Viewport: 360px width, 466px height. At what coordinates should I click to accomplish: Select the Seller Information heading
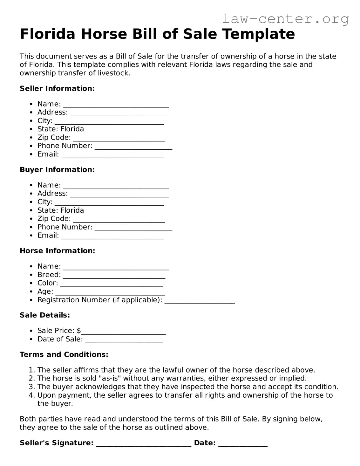click(x=57, y=88)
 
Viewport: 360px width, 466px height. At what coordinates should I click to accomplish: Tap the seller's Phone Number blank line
click(x=133, y=147)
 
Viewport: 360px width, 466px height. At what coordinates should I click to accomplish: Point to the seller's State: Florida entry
click(x=61, y=129)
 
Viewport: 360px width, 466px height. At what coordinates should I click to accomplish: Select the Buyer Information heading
click(x=57, y=169)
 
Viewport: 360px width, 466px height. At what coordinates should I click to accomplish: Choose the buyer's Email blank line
click(x=112, y=236)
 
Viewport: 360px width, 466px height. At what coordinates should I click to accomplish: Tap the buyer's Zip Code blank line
click(x=119, y=220)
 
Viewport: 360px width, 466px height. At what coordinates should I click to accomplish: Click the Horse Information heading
click(x=57, y=250)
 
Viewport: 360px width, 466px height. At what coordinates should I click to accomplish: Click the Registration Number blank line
click(x=200, y=301)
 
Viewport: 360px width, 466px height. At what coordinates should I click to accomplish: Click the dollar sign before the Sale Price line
click(x=79, y=331)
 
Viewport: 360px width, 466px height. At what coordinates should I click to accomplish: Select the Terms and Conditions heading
click(x=64, y=354)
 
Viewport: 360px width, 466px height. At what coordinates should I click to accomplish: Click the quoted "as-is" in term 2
click(x=110, y=378)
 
